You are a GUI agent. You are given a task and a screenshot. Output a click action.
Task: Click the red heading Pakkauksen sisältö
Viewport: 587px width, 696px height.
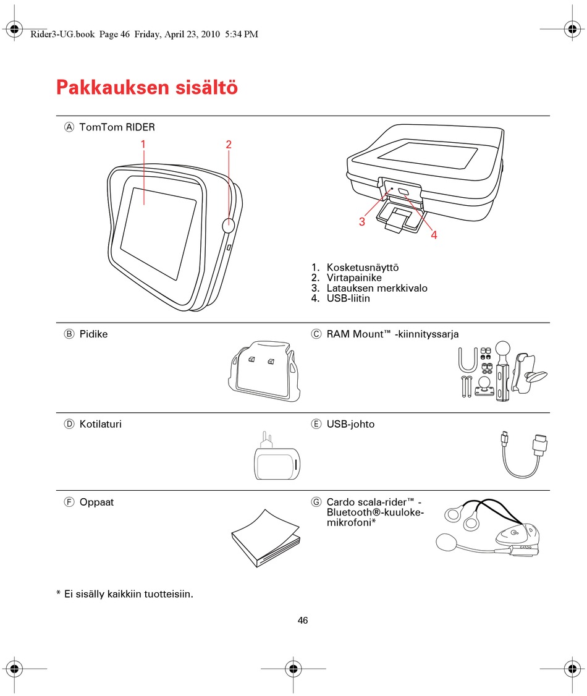tap(147, 87)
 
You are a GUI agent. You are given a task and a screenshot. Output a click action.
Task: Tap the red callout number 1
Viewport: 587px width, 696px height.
tap(143, 144)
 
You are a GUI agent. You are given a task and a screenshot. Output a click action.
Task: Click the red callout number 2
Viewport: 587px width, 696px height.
tap(229, 144)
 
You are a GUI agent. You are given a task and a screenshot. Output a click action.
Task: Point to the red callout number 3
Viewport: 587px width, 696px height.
tap(362, 221)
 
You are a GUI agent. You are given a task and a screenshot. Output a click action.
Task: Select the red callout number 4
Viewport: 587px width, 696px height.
tap(434, 235)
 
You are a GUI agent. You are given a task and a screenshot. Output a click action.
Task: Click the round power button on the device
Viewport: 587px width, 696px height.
tap(228, 225)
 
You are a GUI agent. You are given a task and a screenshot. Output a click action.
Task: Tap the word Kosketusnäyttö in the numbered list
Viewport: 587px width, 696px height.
tap(363, 267)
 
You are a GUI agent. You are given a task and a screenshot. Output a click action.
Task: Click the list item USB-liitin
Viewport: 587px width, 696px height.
tap(348, 299)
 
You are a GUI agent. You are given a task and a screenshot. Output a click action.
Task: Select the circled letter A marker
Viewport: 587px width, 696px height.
tap(69, 127)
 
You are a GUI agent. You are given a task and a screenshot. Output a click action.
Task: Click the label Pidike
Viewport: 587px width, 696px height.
tap(94, 334)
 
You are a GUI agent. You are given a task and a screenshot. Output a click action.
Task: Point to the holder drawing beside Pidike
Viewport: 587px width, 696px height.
tap(264, 371)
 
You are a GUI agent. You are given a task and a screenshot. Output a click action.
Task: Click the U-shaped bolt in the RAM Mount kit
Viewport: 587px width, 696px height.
tap(468, 360)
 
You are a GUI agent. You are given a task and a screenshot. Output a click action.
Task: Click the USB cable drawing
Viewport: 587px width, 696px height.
tap(524, 454)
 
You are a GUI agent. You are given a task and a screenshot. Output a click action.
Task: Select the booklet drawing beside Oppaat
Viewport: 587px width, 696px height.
tap(266, 538)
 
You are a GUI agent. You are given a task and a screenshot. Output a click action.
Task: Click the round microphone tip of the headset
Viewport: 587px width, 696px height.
tap(446, 543)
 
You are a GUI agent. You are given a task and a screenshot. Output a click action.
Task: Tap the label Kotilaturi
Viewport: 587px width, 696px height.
tap(100, 424)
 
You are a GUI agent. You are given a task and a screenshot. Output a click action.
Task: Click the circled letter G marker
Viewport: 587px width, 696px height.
tap(316, 502)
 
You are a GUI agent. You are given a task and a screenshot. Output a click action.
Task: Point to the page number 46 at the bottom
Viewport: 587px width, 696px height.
tap(303, 621)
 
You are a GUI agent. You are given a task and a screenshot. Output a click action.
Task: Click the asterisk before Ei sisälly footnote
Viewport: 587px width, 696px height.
tap(59, 593)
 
